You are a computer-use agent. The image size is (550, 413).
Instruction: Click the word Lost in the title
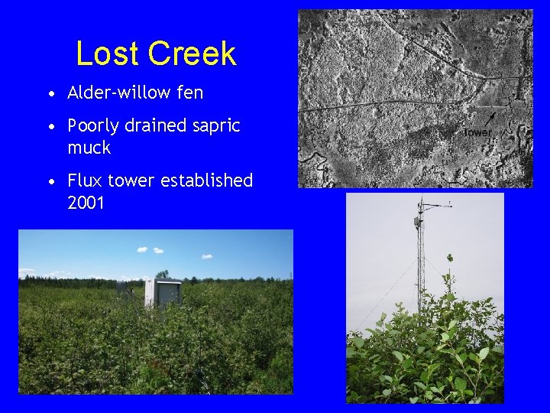click(x=108, y=54)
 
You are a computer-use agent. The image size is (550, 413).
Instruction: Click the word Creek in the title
click(x=192, y=54)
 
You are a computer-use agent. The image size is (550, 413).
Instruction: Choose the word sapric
click(x=217, y=126)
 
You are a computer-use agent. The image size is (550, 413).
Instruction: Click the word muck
click(x=89, y=147)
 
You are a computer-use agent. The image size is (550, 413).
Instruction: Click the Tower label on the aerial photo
click(x=477, y=132)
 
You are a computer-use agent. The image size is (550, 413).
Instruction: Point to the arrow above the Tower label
click(x=490, y=118)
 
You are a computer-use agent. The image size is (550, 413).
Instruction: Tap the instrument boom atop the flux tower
click(x=435, y=205)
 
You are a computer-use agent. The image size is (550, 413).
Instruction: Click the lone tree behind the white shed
click(x=162, y=273)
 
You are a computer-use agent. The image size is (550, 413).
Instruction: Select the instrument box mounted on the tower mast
click(x=418, y=222)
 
